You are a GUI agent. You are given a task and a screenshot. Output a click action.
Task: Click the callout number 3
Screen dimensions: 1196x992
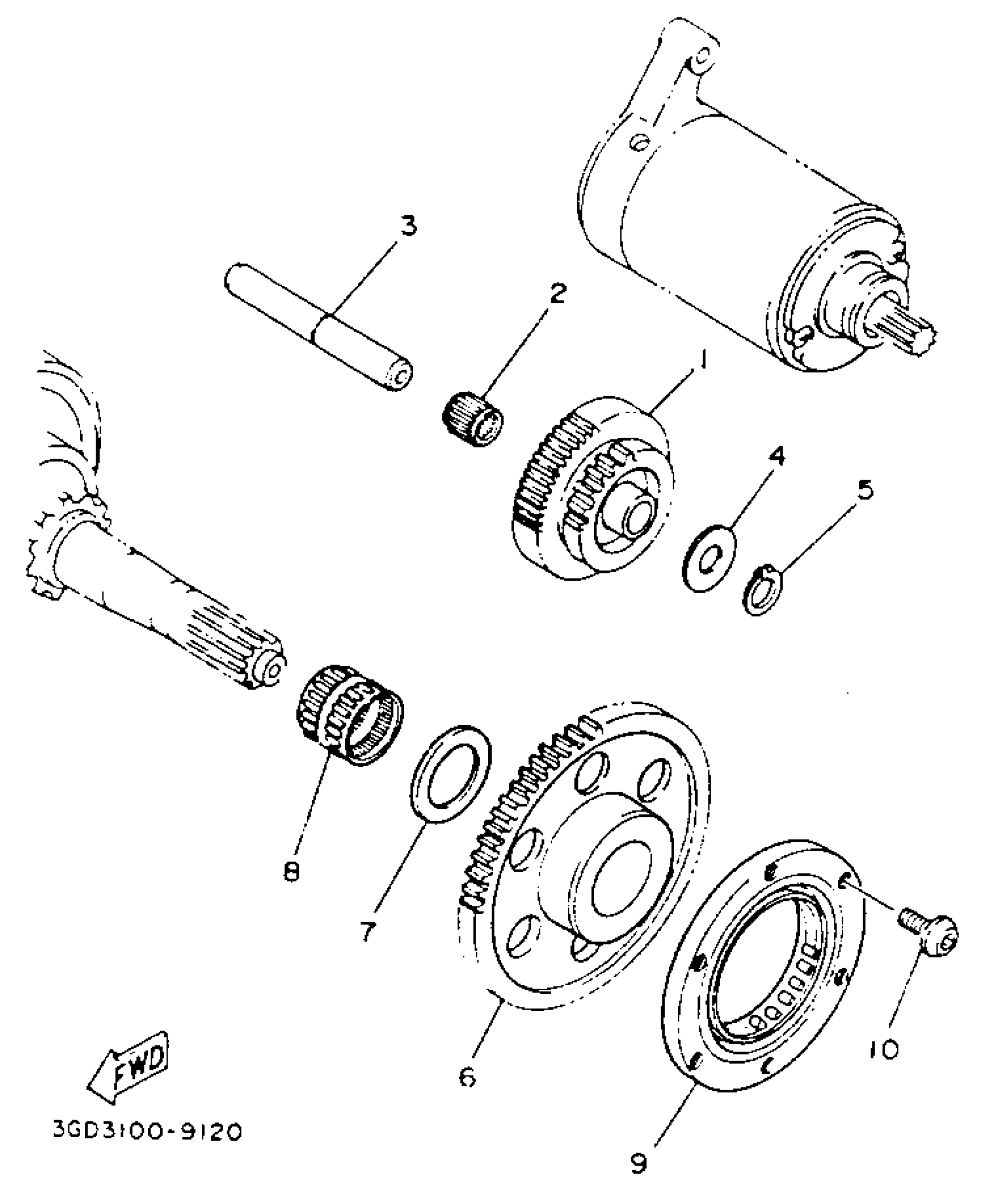point(408,225)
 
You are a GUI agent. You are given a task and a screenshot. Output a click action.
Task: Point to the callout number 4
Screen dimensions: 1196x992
point(776,457)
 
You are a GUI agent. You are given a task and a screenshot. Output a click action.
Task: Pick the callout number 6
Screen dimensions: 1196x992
point(467,1077)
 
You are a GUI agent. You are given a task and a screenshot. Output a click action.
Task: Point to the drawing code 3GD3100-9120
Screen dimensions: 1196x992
point(146,1148)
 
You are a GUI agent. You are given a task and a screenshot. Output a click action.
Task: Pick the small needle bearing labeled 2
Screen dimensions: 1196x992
point(471,421)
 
